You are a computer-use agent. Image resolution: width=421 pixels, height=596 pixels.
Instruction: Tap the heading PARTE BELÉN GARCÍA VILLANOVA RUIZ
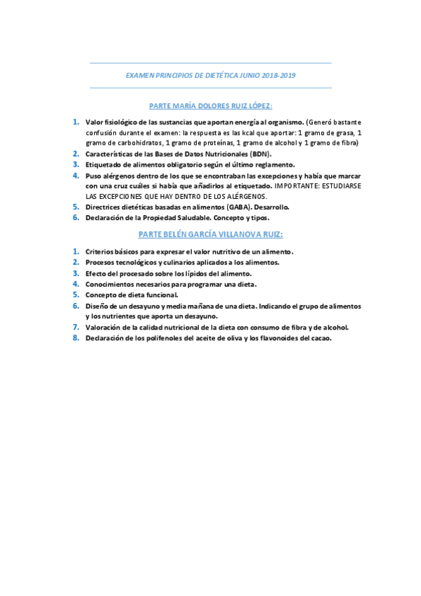coord(211,233)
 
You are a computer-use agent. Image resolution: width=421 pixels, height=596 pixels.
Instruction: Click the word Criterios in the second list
coord(100,251)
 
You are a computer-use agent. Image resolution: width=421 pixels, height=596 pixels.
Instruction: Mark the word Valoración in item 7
coord(104,327)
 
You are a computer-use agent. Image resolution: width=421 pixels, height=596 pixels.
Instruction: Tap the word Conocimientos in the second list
coord(110,284)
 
